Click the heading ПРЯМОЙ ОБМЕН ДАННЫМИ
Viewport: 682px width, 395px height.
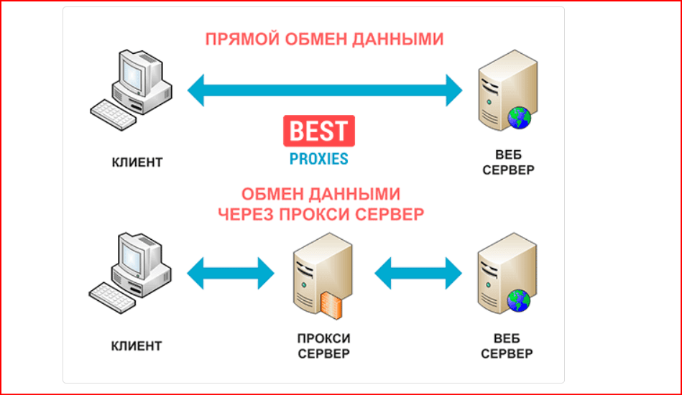[324, 39]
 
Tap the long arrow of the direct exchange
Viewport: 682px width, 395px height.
[324, 90]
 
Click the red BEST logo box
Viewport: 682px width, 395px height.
[318, 131]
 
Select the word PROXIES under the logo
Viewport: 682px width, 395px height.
[318, 159]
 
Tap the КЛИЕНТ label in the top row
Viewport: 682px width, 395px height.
[137, 162]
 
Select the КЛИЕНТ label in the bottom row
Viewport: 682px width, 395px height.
[137, 347]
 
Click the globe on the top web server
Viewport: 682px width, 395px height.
[519, 118]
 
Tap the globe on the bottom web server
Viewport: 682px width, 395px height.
[519, 301]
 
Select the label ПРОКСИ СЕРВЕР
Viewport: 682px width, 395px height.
[323, 345]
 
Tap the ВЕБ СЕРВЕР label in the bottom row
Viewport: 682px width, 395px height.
[507, 346]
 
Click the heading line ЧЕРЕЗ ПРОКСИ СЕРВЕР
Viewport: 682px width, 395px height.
[321, 213]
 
